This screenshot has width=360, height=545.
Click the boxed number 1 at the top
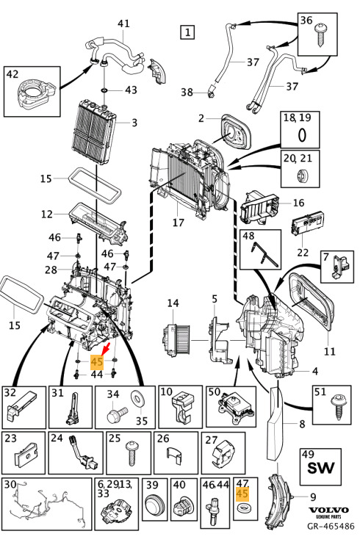click(187, 32)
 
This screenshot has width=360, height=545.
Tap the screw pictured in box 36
click(320, 34)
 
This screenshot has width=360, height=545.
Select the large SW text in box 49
click(321, 468)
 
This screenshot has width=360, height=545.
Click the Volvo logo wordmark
click(328, 510)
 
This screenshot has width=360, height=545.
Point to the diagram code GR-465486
click(331, 526)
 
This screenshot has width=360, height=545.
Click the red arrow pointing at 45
click(107, 348)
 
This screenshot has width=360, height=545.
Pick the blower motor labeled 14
click(177, 339)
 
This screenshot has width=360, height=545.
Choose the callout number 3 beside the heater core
click(134, 123)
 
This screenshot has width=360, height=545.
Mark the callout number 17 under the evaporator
click(178, 222)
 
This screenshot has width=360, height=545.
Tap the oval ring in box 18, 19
click(302, 135)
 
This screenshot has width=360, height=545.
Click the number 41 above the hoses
click(123, 24)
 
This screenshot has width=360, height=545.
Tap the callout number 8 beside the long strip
click(302, 424)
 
